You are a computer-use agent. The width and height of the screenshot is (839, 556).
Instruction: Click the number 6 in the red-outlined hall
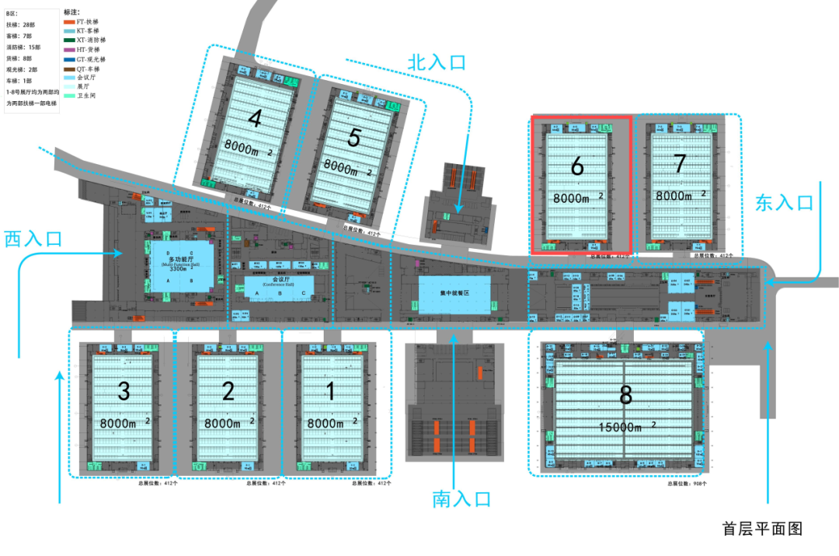point(576,166)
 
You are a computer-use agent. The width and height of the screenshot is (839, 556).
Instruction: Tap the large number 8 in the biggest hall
point(626,396)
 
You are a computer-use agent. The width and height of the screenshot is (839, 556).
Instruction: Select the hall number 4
point(255,118)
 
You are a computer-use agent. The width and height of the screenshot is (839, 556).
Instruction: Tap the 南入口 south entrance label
point(461,499)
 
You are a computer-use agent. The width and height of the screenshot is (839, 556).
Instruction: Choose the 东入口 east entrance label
point(784,203)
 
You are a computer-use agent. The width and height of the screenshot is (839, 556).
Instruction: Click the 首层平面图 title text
point(761,529)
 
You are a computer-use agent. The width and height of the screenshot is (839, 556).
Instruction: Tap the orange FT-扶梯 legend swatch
point(69,22)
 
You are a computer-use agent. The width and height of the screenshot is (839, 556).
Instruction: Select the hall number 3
point(123,391)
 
